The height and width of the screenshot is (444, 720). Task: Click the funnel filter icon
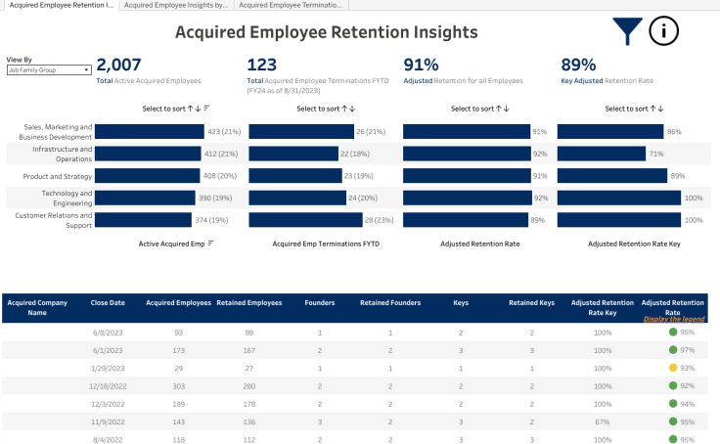pyautogui.click(x=627, y=32)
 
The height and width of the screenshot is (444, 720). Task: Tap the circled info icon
pyautogui.click(x=663, y=31)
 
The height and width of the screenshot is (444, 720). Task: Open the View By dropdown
pyautogui.click(x=49, y=69)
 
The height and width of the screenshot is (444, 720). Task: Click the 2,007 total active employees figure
pyautogui.click(x=118, y=65)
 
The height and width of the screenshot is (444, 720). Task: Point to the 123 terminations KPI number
pyautogui.click(x=262, y=65)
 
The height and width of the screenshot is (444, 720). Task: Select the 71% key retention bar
pyautogui.click(x=602, y=154)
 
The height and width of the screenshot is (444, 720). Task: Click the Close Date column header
pyautogui.click(x=108, y=303)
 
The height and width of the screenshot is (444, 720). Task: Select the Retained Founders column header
pyautogui.click(x=389, y=303)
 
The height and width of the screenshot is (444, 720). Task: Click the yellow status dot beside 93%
pyautogui.click(x=673, y=367)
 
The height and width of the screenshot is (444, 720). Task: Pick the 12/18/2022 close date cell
pyautogui.click(x=108, y=384)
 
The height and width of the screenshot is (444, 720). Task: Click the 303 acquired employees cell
pyautogui.click(x=178, y=384)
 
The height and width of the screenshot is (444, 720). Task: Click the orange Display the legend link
pyautogui.click(x=674, y=319)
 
